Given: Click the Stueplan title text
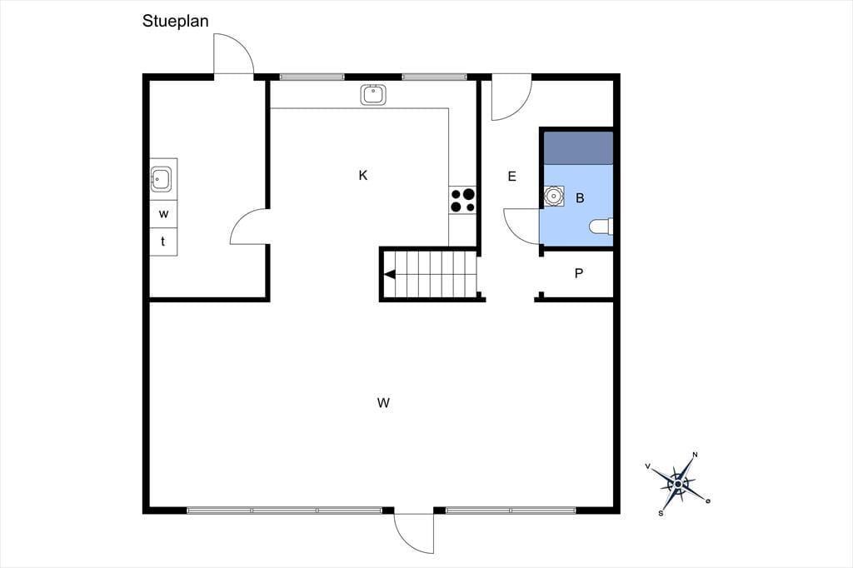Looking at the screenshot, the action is [x=175, y=21].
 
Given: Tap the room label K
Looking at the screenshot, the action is [x=363, y=175].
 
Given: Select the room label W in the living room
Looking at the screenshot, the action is [x=383, y=402].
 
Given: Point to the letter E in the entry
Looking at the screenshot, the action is [x=511, y=177].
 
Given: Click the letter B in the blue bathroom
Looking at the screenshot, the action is [x=580, y=198].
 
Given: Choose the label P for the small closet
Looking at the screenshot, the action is [x=579, y=273].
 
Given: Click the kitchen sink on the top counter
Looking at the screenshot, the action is [x=373, y=95].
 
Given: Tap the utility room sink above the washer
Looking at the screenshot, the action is [x=161, y=179].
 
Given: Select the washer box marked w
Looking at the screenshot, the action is [x=163, y=214].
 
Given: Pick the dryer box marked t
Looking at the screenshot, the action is [x=163, y=242].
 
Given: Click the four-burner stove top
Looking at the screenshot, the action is [x=462, y=200].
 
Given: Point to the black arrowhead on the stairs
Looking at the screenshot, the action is [x=390, y=275].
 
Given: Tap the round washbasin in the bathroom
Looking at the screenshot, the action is [x=554, y=196].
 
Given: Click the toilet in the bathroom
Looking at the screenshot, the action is [x=601, y=226].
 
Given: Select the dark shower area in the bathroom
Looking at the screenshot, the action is [x=579, y=147].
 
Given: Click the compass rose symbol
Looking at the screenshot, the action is [x=678, y=484].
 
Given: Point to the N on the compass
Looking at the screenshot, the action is [x=696, y=455].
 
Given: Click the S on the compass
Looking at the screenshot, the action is [x=661, y=513].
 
